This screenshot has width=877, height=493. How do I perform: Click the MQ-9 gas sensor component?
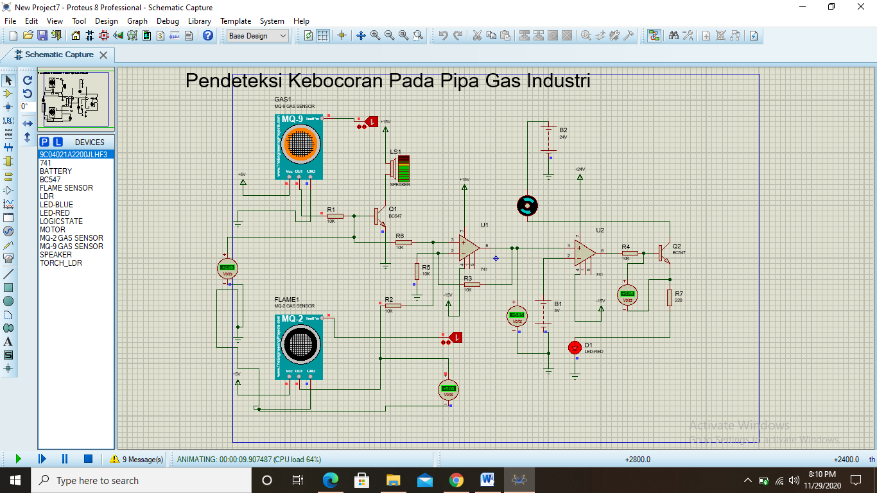click(x=299, y=146)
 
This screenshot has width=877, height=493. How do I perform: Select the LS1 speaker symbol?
click(x=401, y=169)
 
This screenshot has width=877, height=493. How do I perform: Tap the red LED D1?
click(x=575, y=348)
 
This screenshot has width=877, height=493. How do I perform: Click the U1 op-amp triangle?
click(x=469, y=247)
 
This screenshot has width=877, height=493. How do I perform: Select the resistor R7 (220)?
click(x=670, y=298)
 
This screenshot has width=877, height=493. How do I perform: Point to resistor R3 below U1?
click(x=472, y=284)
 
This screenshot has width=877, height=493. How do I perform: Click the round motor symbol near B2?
click(x=527, y=205)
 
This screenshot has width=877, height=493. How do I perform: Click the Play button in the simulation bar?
click(x=18, y=459)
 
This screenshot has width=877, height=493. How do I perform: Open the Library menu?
click(x=199, y=21)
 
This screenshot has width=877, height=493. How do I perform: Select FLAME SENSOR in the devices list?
click(x=66, y=188)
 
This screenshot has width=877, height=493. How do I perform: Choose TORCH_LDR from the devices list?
click(x=60, y=263)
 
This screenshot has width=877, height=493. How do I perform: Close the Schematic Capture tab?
click(x=103, y=55)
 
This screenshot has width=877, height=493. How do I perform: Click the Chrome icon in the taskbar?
click(x=456, y=480)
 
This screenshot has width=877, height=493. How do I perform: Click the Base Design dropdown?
click(x=258, y=36)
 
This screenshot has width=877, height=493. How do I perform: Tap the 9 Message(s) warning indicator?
click(x=137, y=460)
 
